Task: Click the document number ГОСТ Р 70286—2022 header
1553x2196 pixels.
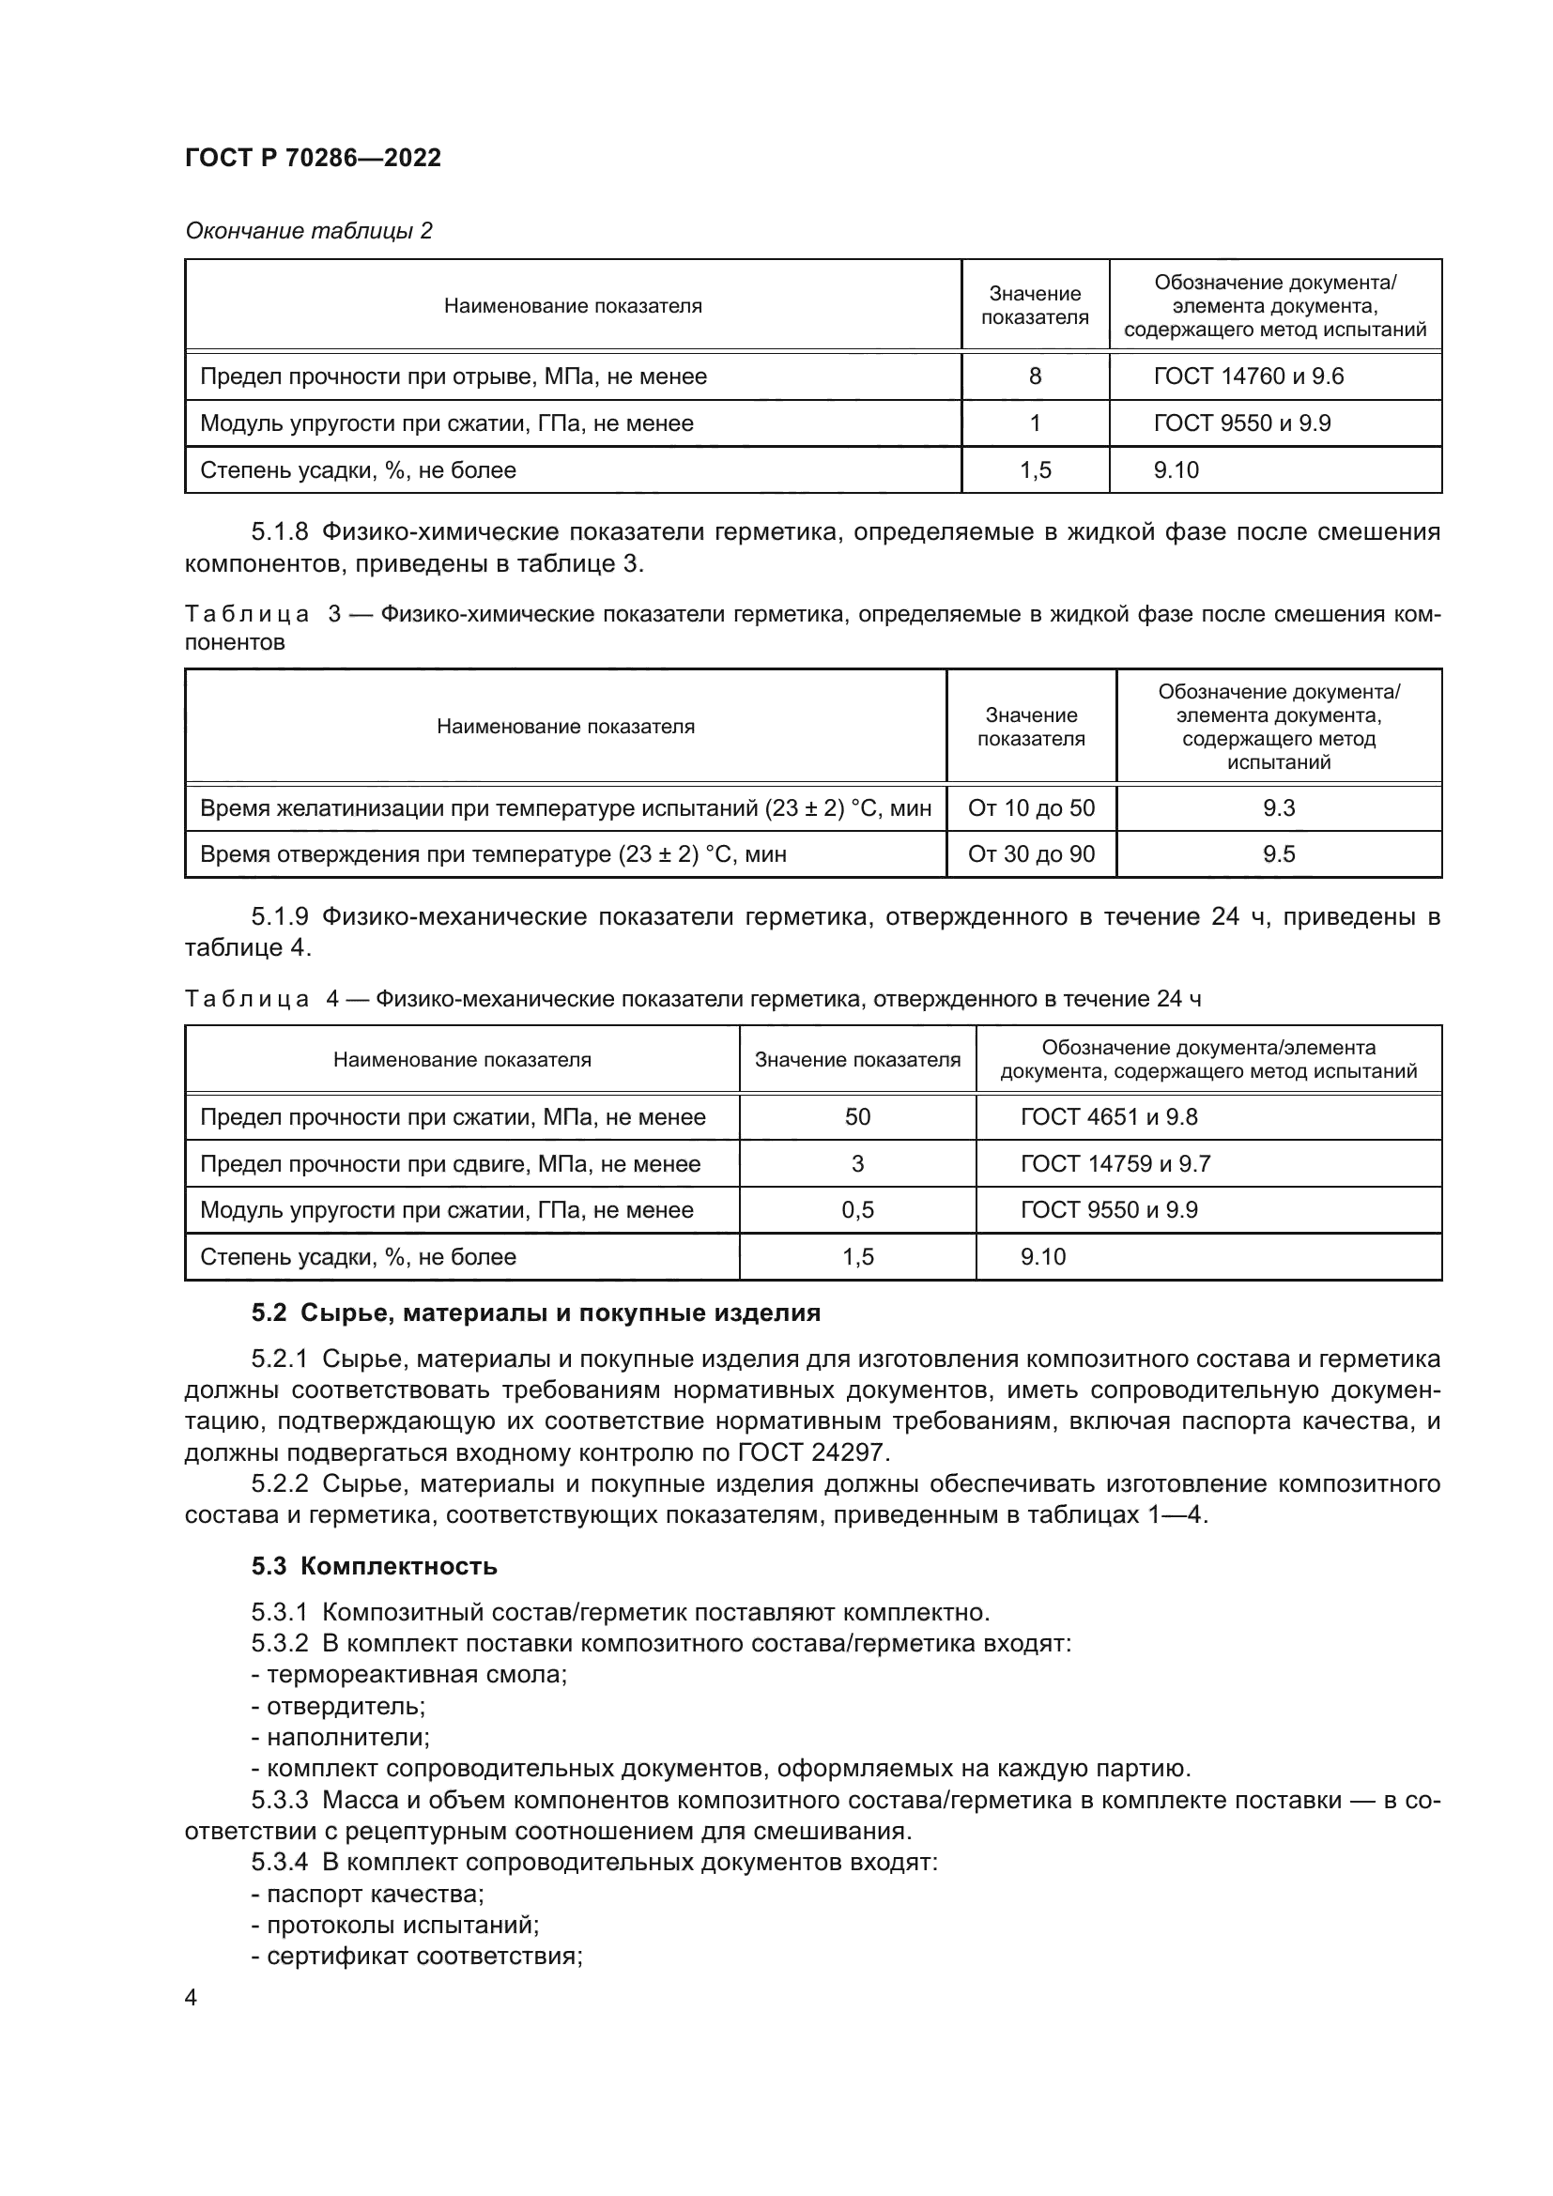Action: [313, 158]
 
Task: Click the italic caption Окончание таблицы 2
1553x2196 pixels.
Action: [308, 231]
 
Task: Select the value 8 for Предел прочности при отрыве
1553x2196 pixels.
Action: [1035, 376]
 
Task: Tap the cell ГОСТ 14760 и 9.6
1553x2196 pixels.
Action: [1248, 376]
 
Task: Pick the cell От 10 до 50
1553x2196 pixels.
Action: [1031, 808]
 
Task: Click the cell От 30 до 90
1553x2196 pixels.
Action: [1031, 854]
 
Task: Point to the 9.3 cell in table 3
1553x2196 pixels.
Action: [1278, 808]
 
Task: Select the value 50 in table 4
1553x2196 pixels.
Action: [857, 1117]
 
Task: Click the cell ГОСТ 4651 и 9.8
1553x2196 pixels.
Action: [1108, 1117]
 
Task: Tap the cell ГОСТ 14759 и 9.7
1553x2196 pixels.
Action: [1115, 1164]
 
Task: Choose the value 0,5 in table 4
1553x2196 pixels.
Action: [857, 1210]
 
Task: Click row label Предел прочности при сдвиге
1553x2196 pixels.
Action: [450, 1164]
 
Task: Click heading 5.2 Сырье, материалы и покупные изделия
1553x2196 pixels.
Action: [535, 1313]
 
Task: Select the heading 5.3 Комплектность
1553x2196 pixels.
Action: [374, 1567]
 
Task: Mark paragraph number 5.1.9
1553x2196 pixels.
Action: [279, 917]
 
